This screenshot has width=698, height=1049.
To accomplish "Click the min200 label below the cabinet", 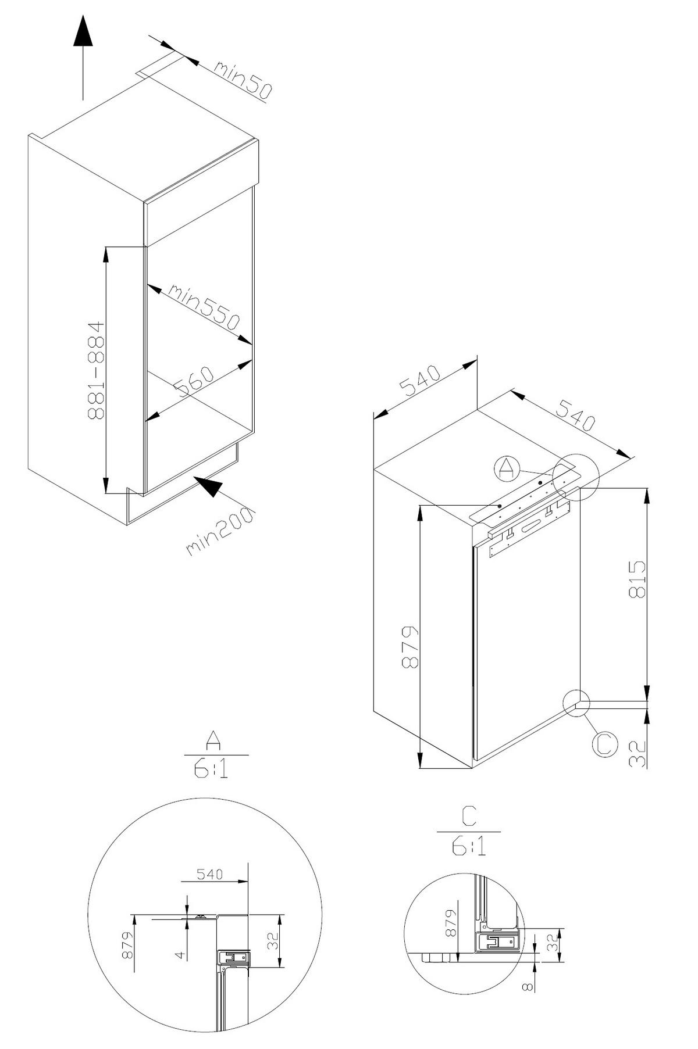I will point(220,532).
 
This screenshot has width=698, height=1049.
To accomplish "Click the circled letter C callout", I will point(605,744).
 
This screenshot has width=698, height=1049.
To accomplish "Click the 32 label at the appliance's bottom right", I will point(638,753).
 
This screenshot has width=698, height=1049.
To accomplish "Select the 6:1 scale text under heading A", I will point(211,769).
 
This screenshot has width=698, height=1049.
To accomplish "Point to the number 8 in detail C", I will point(526,986).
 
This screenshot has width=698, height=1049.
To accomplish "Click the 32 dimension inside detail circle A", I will point(272,940).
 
